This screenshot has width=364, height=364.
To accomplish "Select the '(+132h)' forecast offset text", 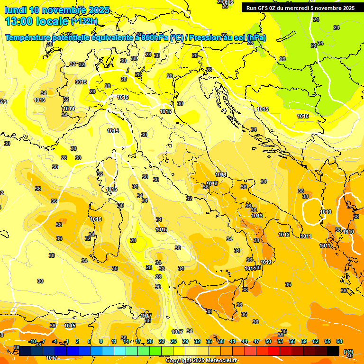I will (84, 21).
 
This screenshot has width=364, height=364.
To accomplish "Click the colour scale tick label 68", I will (339, 341).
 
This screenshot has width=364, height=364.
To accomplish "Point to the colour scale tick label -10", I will (32, 341).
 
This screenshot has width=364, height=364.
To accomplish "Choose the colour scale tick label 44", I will (245, 341).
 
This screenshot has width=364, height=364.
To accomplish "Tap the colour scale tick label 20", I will (150, 341).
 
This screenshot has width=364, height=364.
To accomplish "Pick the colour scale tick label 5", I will (89, 341).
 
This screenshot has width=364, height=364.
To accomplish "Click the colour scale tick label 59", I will (304, 341).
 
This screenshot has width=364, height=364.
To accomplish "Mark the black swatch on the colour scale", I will (333, 351).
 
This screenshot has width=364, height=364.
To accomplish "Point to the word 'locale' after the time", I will (54, 21).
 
